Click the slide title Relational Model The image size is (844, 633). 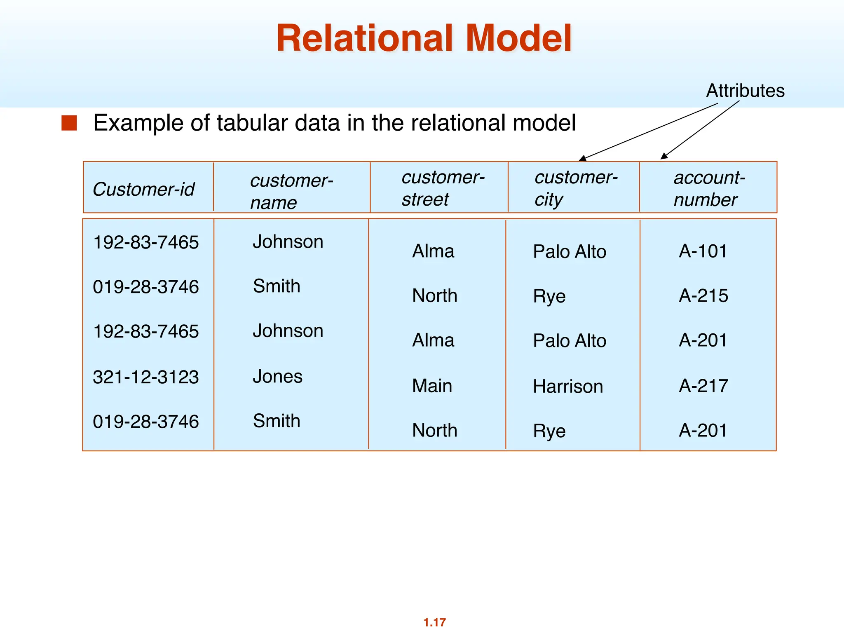pyautogui.click(x=424, y=38)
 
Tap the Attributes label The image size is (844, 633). pyautogui.click(x=745, y=91)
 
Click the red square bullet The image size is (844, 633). pyautogui.click(x=69, y=123)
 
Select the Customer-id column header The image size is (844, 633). pyautogui.click(x=143, y=189)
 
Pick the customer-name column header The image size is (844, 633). pyautogui.click(x=291, y=191)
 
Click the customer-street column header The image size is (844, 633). pyautogui.click(x=443, y=188)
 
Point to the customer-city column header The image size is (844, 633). pyautogui.click(x=576, y=188)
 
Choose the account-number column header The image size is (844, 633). pyautogui.click(x=709, y=188)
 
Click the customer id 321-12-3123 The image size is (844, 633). pyautogui.click(x=146, y=377)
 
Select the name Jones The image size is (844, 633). pyautogui.click(x=277, y=376)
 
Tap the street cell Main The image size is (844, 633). pyautogui.click(x=432, y=386)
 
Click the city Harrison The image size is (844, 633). pyautogui.click(x=567, y=387)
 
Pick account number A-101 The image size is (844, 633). pyautogui.click(x=703, y=251)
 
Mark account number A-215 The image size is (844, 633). pyautogui.click(x=703, y=295)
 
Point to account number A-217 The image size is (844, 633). pyautogui.click(x=703, y=386)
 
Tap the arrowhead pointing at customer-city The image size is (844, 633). pyautogui.click(x=582, y=158)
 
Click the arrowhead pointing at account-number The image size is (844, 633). pyautogui.click(x=663, y=156)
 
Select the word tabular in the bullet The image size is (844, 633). pyautogui.click(x=253, y=123)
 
